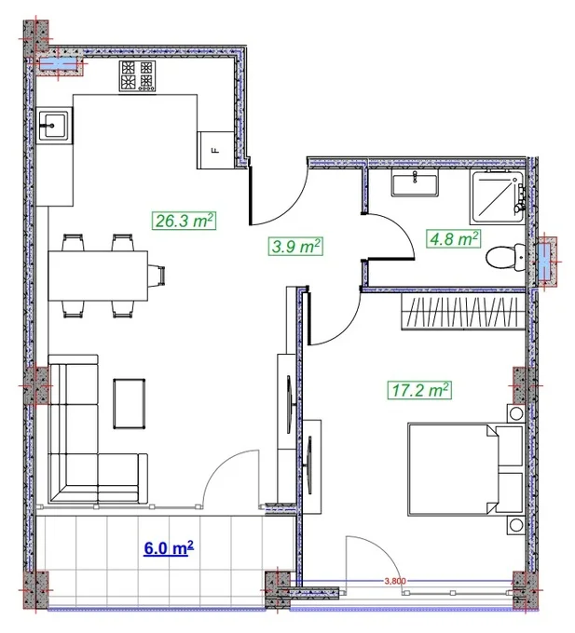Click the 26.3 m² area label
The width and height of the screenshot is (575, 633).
184,221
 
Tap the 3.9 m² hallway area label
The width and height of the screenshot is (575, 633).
295,246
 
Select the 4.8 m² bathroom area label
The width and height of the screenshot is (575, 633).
453,238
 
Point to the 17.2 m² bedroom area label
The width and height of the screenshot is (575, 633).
419,390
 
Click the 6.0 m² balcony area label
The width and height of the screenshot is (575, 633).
169,548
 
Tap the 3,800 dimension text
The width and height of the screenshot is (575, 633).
395,581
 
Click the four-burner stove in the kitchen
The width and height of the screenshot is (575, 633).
137,76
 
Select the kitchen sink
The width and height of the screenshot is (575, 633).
54,125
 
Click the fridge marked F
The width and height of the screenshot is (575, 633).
215,150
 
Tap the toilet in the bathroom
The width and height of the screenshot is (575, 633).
505,257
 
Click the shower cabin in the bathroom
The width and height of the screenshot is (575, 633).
497,196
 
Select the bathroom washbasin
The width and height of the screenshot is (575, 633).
415,182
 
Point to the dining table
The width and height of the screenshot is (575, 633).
98,276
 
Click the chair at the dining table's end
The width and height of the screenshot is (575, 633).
157,276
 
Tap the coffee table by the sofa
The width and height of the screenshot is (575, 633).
130,403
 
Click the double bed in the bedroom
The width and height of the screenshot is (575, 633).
465,469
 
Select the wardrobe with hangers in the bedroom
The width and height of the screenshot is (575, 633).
463,311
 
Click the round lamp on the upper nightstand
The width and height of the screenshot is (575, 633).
516,413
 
